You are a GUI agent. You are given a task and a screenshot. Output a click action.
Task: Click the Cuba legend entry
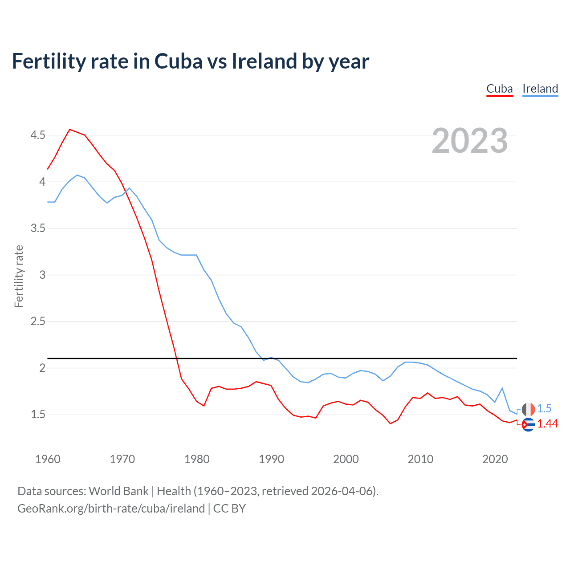(499, 89)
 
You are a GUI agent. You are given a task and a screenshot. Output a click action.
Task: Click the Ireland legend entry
(540, 89)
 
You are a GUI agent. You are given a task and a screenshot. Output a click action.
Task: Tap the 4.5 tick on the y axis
(38, 135)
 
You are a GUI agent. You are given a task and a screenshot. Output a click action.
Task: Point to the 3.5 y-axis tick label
(38, 228)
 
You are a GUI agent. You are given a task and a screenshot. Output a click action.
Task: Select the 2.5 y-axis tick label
(38, 322)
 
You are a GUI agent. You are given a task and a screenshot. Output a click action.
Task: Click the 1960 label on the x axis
(48, 459)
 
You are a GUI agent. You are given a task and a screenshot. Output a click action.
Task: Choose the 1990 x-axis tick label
(271, 459)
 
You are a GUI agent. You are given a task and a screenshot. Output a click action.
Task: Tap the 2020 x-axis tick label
(495, 459)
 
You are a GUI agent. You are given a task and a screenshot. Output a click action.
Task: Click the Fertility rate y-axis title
(19, 276)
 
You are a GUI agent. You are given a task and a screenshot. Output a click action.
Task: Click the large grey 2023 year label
(469, 141)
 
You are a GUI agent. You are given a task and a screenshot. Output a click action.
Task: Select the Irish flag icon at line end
(528, 409)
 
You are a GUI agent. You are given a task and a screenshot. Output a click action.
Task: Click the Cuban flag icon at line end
(528, 425)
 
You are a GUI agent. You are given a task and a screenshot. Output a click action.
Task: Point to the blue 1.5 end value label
(544, 408)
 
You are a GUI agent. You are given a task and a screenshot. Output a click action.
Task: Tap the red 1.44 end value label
(547, 424)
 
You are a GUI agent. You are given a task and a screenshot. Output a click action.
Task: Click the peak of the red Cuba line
(70, 130)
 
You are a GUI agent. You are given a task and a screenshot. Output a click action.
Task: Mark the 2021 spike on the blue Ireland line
(502, 388)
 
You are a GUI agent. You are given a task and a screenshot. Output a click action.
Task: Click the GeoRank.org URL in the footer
(111, 509)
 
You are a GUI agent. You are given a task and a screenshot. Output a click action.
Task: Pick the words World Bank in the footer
(118, 491)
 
